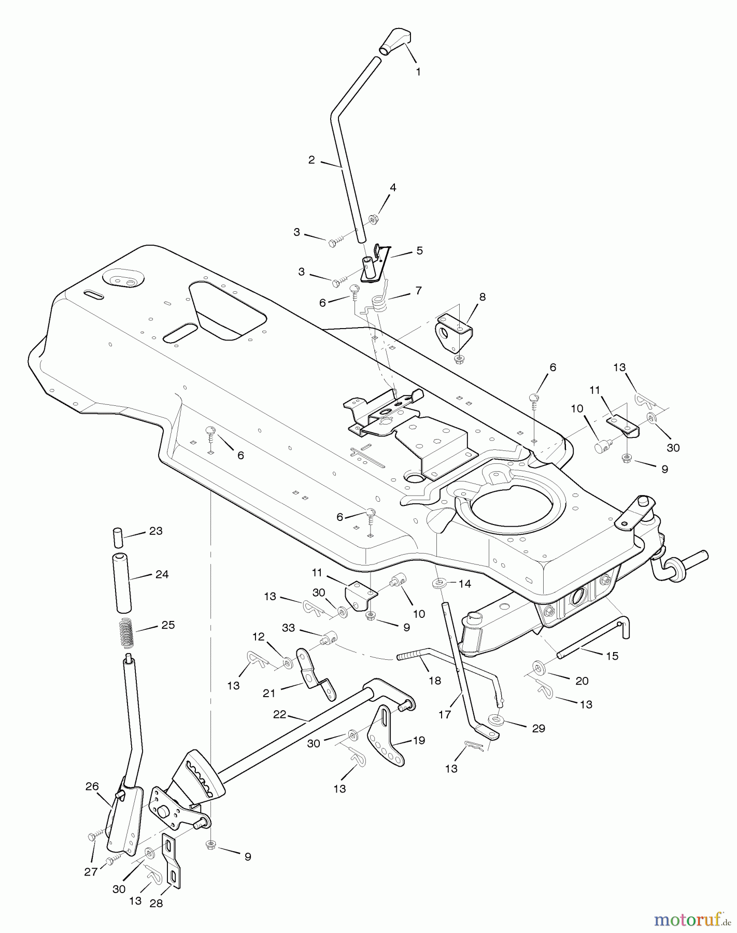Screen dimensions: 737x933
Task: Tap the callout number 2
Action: coord(311,160)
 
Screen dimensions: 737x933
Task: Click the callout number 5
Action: coord(419,251)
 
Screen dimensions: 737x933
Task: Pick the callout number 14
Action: coord(465,584)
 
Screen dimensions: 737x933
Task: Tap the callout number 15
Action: coord(612,656)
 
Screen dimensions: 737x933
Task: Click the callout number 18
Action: coord(435,681)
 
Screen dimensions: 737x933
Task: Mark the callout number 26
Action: coord(92,787)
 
